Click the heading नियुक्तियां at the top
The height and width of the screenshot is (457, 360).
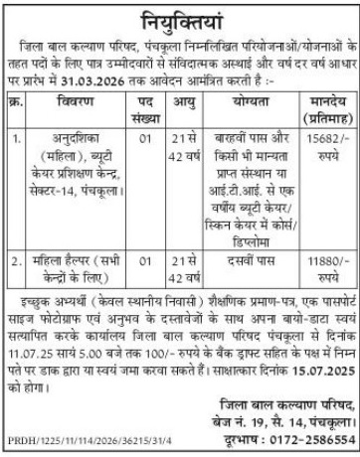pos(179,17)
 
